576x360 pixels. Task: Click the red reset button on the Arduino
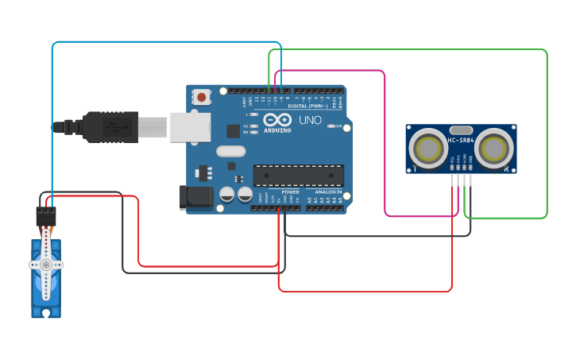pyautogui.click(x=202, y=98)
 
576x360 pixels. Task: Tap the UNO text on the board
pyautogui.click(x=310, y=121)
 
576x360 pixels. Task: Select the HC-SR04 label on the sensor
pyautogui.click(x=461, y=141)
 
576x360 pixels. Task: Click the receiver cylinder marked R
pyautogui.click(x=496, y=149)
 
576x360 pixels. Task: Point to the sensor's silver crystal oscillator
pyautogui.click(x=461, y=130)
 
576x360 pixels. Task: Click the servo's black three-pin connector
pyautogui.click(x=46, y=214)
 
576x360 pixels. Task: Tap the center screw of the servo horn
pyautogui.click(x=46, y=264)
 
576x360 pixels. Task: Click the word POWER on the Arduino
pyautogui.click(x=290, y=192)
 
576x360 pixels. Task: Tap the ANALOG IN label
pyautogui.click(x=328, y=192)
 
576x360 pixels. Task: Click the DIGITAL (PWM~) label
pyautogui.click(x=307, y=105)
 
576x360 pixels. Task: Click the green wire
pyautogui.click(x=547, y=135)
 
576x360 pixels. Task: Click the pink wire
pyautogui.click(x=385, y=143)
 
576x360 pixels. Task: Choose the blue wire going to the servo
pyautogui.click(x=52, y=119)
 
